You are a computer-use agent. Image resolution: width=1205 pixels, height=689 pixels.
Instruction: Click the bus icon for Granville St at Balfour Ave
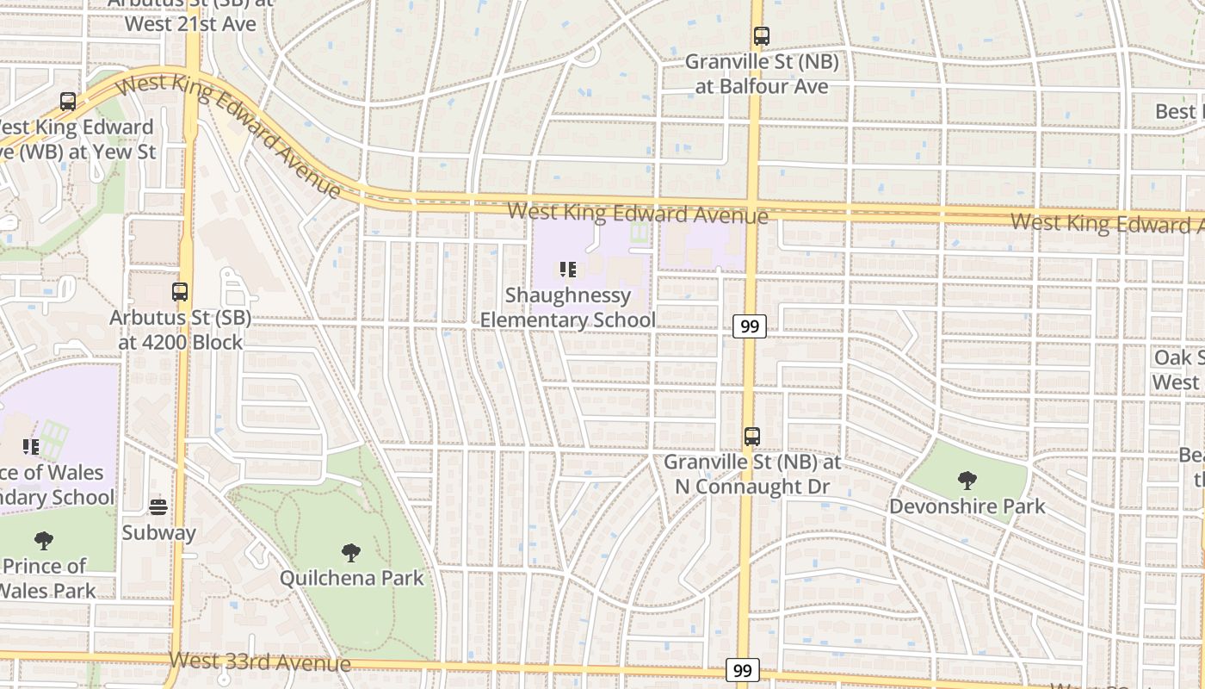(761, 36)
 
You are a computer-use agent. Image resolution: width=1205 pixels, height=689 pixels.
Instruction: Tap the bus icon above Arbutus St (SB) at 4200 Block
(180, 292)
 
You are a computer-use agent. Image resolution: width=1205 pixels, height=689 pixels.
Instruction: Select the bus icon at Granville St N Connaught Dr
(752, 437)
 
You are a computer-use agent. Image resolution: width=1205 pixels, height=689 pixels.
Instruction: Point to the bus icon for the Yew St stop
(68, 102)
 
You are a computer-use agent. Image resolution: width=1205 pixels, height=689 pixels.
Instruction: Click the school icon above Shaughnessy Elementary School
(567, 270)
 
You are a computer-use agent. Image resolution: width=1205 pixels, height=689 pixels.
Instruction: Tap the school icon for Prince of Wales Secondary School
(31, 447)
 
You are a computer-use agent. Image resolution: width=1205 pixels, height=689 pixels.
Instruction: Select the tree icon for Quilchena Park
(350, 552)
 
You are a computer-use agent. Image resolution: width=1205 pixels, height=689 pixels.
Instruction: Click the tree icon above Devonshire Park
(967, 481)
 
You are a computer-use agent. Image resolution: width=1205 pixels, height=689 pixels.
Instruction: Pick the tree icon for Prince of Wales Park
(44, 541)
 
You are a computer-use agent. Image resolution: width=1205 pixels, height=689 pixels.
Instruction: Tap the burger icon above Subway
(158, 506)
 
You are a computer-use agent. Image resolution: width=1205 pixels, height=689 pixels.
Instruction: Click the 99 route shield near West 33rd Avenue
(743, 670)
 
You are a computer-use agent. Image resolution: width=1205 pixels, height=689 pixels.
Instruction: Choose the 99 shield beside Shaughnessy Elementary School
(750, 326)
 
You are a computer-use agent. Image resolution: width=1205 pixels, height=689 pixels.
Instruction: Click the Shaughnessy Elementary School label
(567, 308)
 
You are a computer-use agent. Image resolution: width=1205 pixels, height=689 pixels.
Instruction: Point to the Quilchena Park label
(352, 578)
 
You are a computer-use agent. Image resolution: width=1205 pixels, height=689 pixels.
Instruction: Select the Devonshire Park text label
(967, 506)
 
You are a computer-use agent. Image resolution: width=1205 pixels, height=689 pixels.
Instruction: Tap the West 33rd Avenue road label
(260, 661)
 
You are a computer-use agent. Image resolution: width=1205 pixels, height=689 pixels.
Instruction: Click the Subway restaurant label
(158, 532)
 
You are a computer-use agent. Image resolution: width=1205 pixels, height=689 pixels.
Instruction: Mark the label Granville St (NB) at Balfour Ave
(762, 74)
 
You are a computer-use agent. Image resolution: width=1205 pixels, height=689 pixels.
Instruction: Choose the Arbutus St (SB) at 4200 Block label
(180, 330)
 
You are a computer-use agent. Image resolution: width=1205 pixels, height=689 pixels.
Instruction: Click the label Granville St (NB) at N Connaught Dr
(752, 475)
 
